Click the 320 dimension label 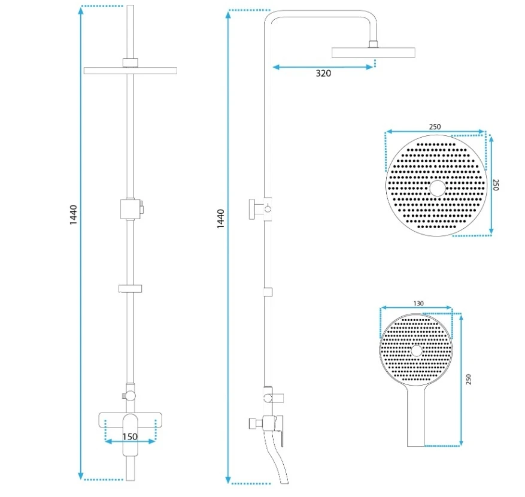point(323,73)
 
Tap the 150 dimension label point(130,437)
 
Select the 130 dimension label point(418,304)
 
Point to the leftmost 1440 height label point(73,215)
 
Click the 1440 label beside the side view point(221,219)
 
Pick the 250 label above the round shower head point(435,127)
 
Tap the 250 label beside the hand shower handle point(468,379)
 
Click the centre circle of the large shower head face point(437,188)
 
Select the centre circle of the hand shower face point(417,351)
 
